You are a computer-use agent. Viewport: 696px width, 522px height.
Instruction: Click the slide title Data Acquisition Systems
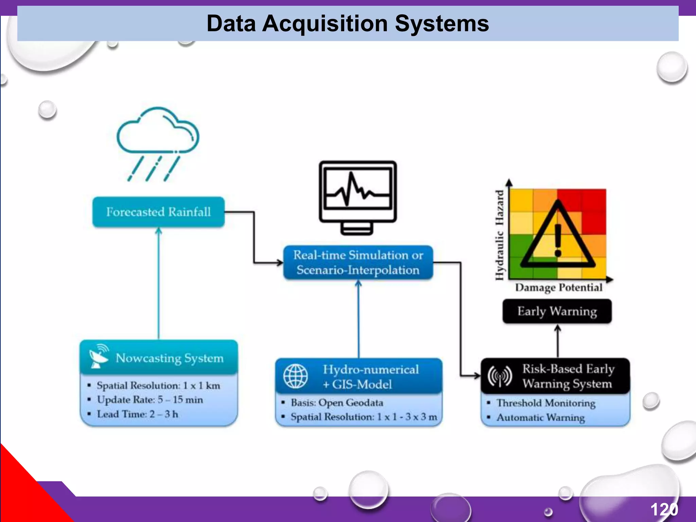point(347,24)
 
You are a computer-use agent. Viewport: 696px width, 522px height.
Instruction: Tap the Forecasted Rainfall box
point(158,212)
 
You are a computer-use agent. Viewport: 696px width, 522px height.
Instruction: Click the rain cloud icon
point(157,143)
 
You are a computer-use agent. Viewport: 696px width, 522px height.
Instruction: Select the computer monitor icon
point(358,197)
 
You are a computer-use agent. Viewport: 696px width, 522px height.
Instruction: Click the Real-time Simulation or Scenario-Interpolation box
point(358,262)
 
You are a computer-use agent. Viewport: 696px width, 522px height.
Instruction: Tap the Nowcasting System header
point(169,358)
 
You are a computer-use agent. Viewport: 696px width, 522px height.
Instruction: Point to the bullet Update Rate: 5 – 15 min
point(150,400)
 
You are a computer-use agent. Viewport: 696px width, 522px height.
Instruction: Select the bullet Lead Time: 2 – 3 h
point(137,414)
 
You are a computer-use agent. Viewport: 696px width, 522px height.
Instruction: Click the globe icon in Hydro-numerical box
point(295,376)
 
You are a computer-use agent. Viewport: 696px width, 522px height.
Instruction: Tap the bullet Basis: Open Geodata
point(336,403)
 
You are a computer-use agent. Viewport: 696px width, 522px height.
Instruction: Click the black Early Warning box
point(557,311)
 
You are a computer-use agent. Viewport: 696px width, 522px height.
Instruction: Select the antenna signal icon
point(500,376)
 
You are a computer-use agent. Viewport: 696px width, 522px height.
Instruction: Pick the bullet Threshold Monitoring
point(546,403)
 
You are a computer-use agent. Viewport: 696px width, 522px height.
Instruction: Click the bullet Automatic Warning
point(540,417)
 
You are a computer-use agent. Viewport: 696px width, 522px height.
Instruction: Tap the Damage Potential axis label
point(558,288)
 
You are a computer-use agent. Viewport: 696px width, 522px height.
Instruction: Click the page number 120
point(664,509)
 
